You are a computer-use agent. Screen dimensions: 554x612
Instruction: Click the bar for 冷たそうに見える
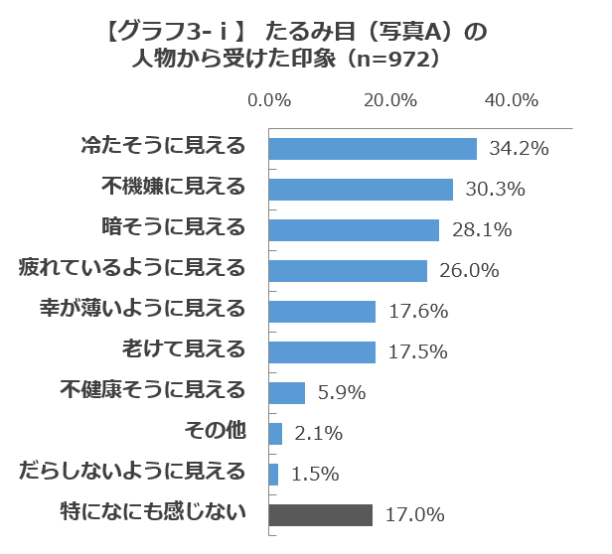click(x=373, y=148)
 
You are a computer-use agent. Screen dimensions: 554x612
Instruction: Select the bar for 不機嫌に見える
click(x=361, y=189)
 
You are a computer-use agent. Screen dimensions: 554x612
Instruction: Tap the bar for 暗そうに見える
click(x=354, y=229)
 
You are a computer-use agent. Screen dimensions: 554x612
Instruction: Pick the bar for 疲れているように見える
click(x=348, y=270)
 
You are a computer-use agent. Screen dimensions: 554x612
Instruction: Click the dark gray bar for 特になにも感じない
click(x=320, y=514)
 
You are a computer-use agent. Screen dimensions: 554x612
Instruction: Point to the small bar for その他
click(x=275, y=433)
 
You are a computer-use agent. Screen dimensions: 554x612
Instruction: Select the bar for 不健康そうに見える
click(x=287, y=392)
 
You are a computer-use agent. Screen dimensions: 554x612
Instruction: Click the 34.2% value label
click(x=520, y=149)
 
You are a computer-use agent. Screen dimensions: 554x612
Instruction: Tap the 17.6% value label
click(x=418, y=312)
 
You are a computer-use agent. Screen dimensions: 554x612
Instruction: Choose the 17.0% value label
click(x=414, y=515)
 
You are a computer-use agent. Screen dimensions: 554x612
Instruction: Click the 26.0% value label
click(x=470, y=271)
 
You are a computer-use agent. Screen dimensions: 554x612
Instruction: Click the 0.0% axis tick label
click(x=268, y=100)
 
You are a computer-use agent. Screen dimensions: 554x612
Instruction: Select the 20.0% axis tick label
click(x=389, y=100)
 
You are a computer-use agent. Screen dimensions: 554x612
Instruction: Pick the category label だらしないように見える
click(x=132, y=473)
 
